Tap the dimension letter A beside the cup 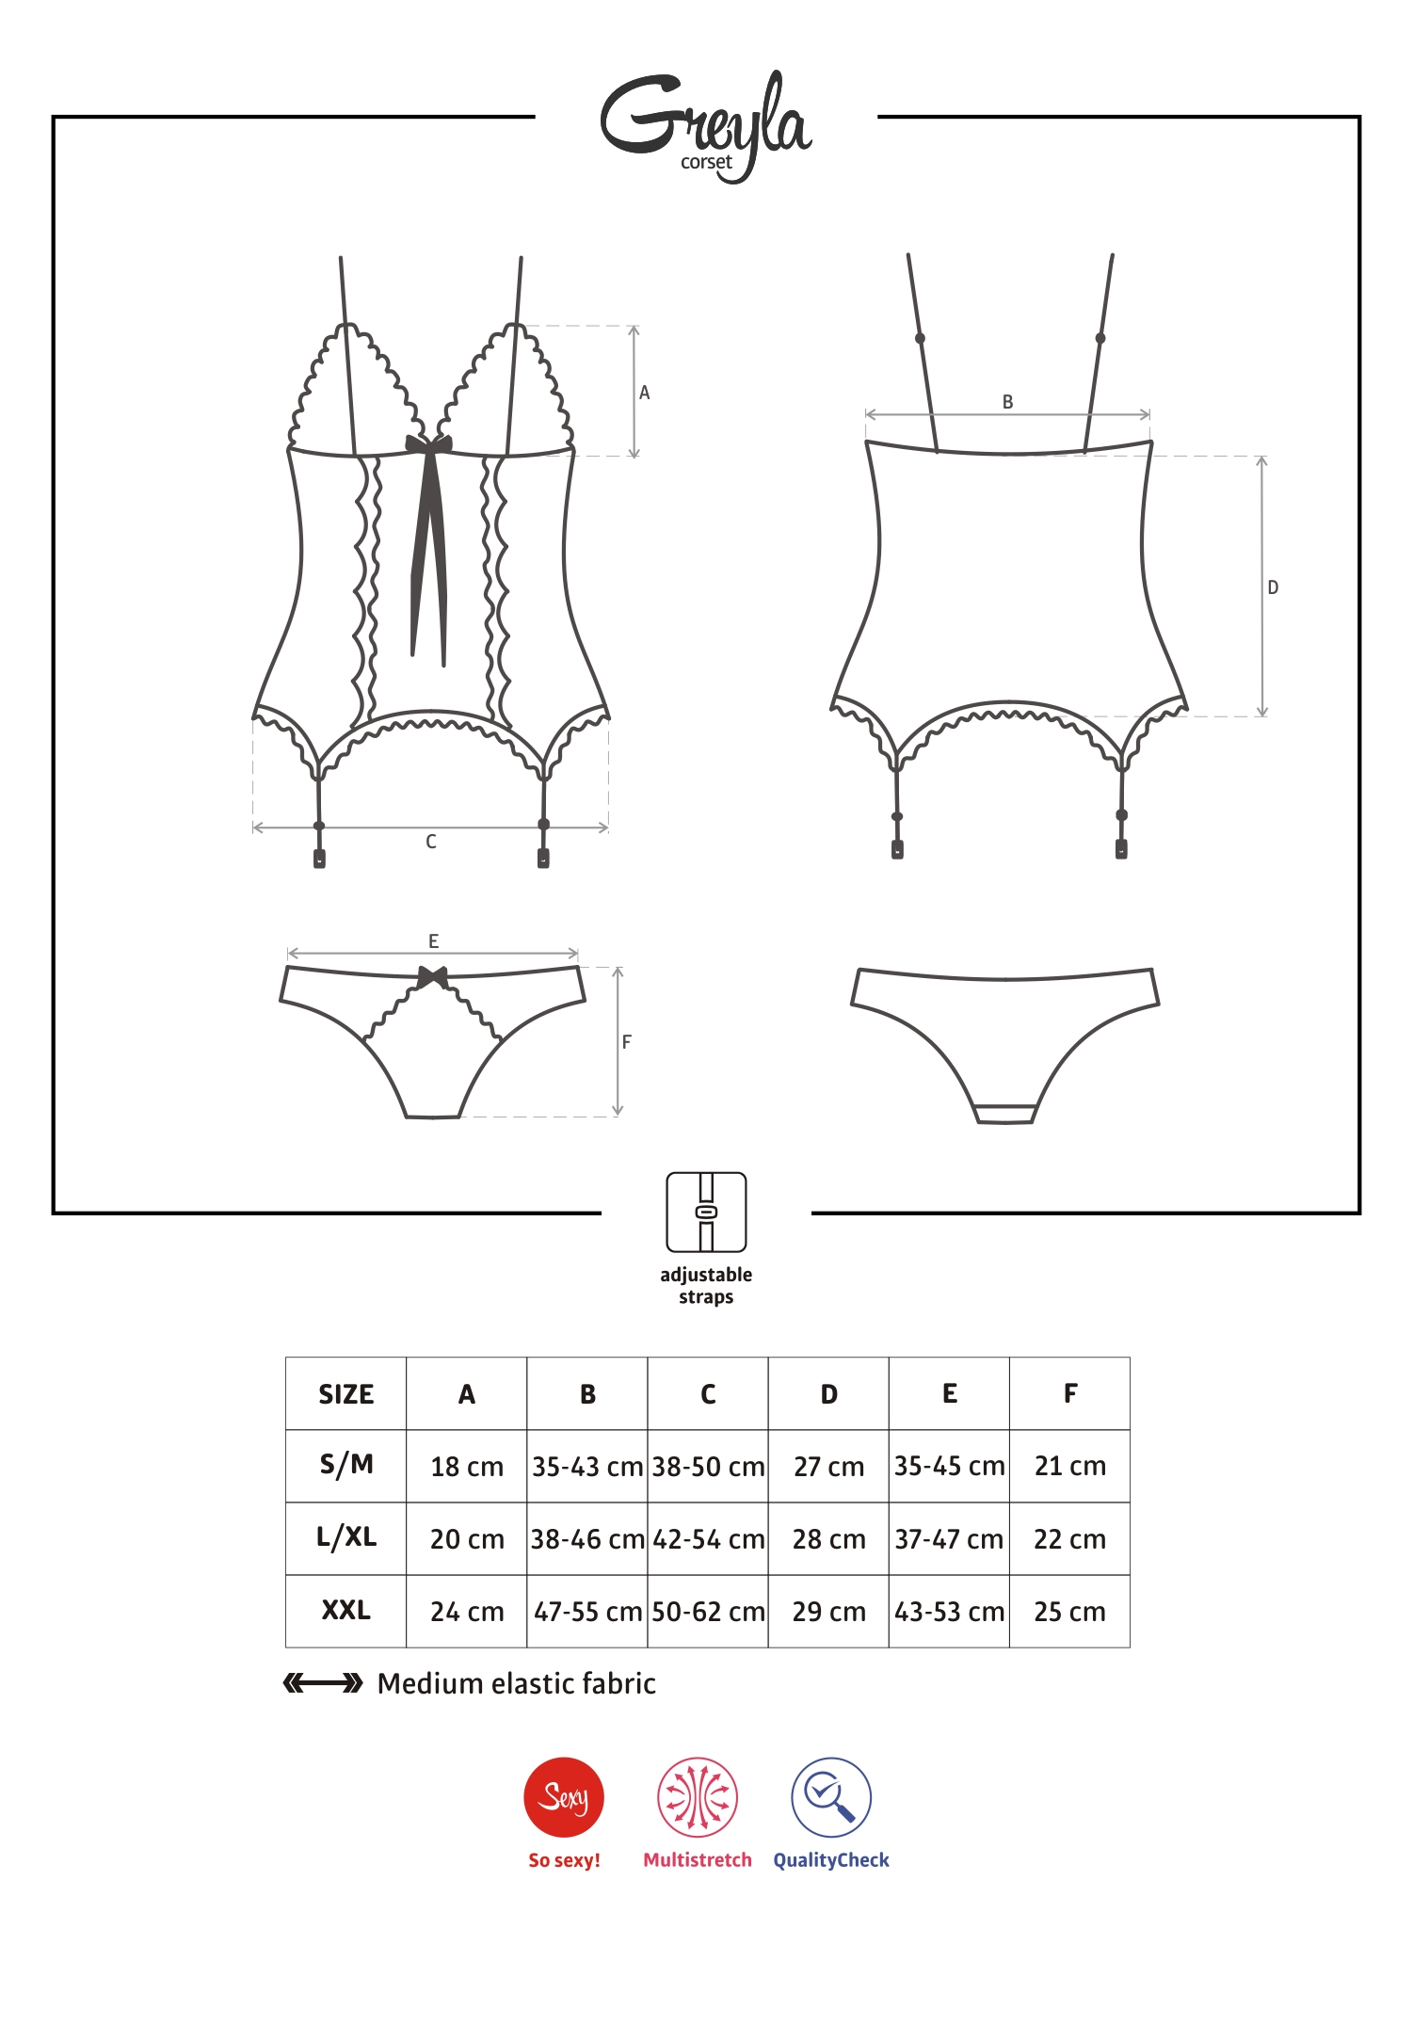coord(645,393)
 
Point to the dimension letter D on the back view coord(1273,587)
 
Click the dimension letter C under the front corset coord(431,842)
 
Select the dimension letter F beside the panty coord(627,1042)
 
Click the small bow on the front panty coord(433,977)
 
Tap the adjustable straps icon coord(706,1212)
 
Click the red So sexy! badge coord(564,1797)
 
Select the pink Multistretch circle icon coord(698,1797)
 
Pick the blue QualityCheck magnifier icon coord(831,1797)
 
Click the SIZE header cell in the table coord(346,1394)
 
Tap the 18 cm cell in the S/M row coord(467,1467)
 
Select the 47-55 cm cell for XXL coord(587,1612)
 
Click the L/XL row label coord(346,1537)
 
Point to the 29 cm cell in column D coord(828,1612)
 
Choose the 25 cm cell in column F coord(1069,1612)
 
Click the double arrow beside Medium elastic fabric coord(323,1683)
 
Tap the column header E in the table coord(950,1394)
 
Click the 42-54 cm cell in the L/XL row coord(708,1539)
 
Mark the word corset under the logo coord(706,162)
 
